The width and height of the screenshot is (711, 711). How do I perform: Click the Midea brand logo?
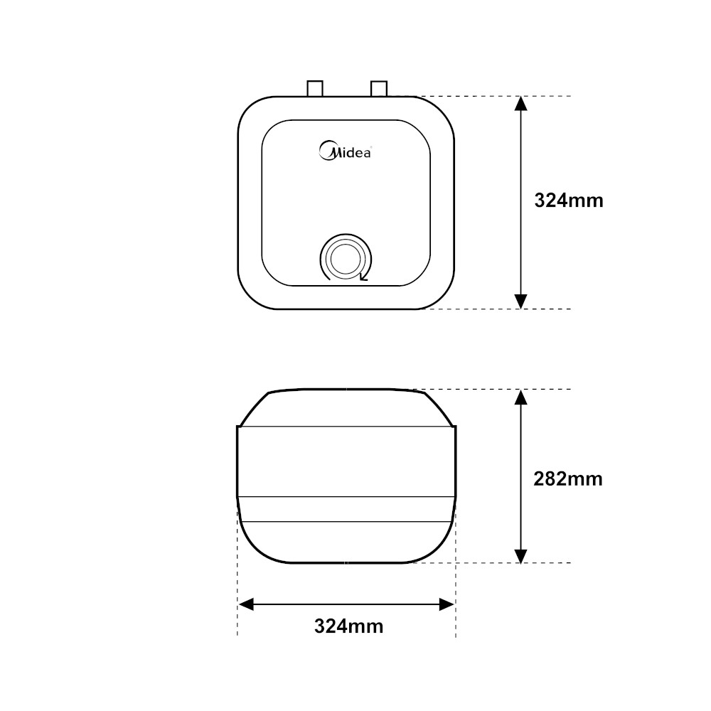345,151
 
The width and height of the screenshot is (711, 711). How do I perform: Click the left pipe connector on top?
315,88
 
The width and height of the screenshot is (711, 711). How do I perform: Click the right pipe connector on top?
379,88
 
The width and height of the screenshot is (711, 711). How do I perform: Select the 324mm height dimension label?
569,201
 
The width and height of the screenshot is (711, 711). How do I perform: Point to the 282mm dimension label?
567,479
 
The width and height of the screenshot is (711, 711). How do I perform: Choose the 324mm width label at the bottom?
348,626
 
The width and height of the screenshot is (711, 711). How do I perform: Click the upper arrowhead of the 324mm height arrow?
521,104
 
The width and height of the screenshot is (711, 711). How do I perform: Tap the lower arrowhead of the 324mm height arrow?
521,301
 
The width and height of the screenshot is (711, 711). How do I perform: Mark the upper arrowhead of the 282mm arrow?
521,397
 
